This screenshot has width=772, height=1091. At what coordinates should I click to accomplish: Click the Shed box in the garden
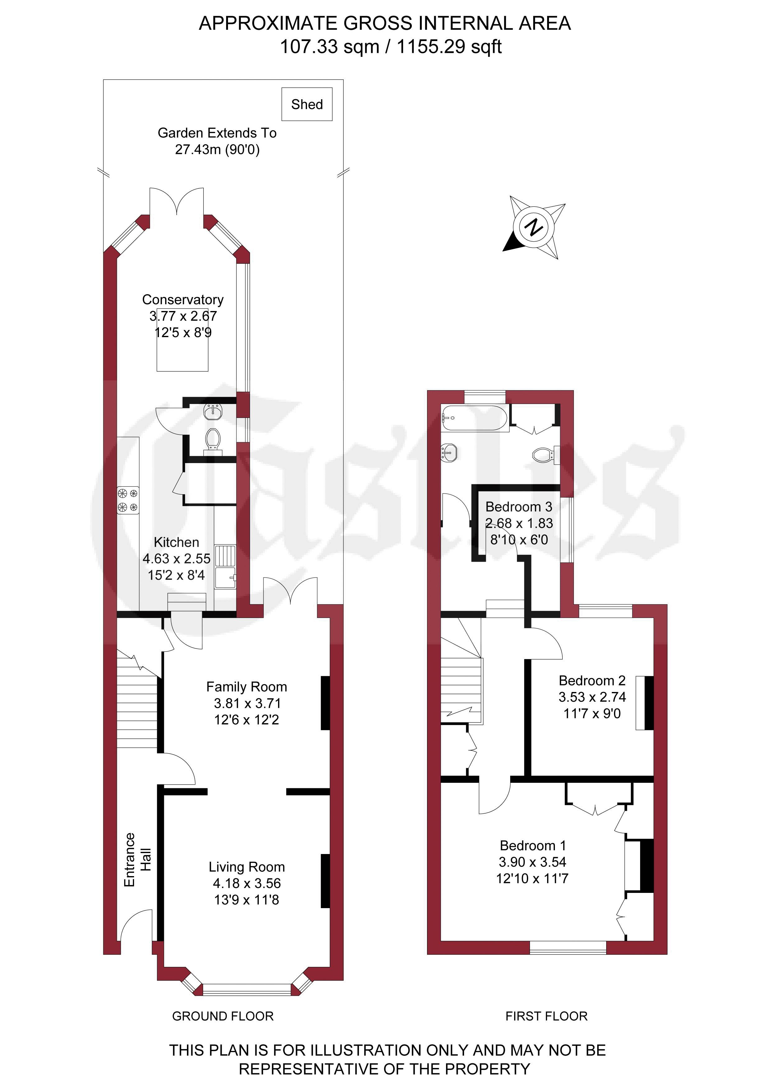click(x=307, y=104)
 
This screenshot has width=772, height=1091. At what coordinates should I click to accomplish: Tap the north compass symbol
click(x=534, y=227)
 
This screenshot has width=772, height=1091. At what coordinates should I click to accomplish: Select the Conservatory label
click(x=183, y=300)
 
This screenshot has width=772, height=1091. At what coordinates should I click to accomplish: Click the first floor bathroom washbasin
click(x=449, y=453)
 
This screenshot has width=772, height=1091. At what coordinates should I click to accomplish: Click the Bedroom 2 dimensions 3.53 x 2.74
click(x=592, y=697)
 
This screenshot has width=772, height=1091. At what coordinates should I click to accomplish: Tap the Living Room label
click(x=247, y=867)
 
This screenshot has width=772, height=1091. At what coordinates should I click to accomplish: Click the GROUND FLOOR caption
click(x=223, y=1016)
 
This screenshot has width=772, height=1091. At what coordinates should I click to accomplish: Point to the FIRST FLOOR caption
click(x=547, y=1016)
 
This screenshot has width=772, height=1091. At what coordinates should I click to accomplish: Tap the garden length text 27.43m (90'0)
click(x=217, y=149)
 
